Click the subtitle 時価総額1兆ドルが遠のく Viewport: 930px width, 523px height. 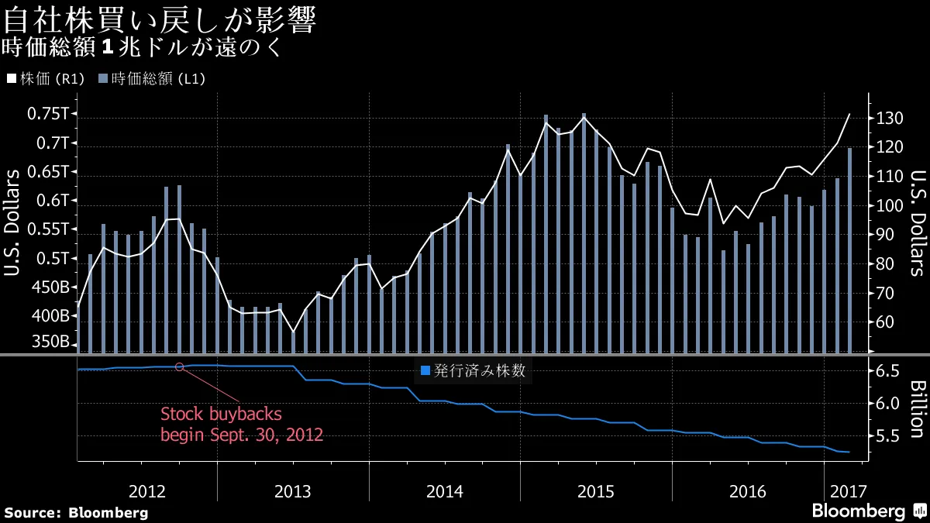pos(139,48)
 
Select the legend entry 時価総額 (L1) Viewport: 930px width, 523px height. pos(152,78)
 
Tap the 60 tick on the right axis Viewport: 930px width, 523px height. pos(887,322)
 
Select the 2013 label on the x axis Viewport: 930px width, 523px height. pos(293,491)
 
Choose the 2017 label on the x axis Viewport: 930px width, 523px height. pos(848,491)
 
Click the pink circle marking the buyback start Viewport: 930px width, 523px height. pos(180,366)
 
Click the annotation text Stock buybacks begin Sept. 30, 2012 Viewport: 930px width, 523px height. pos(241,424)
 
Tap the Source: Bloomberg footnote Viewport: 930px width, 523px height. pos(76,512)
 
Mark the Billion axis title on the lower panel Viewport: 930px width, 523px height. pos(916,408)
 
